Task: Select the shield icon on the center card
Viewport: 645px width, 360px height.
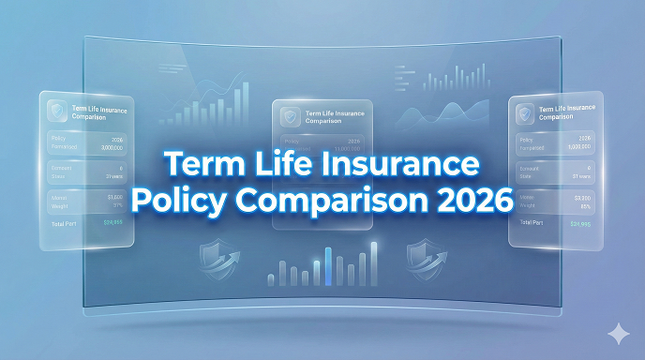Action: tap(292, 116)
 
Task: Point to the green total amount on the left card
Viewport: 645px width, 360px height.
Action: tap(113, 222)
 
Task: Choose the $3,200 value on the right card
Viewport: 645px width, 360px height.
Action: tap(581, 198)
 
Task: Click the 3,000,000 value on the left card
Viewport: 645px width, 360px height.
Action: tap(111, 147)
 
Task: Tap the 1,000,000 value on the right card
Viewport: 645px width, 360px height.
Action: tap(579, 148)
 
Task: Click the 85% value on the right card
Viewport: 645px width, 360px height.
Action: tap(584, 206)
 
